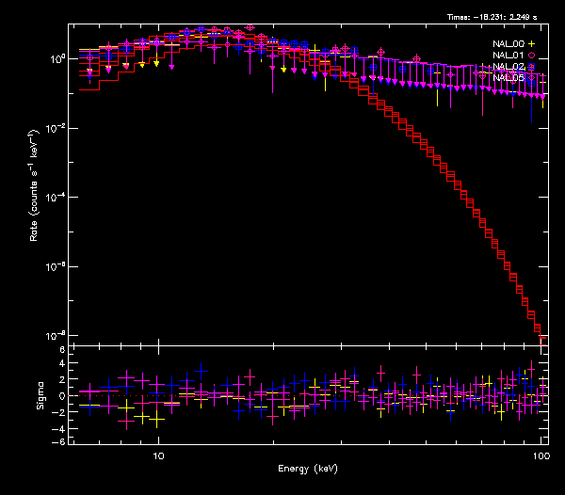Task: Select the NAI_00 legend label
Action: click(x=508, y=43)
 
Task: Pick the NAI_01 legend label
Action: click(x=508, y=55)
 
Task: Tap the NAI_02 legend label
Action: click(x=508, y=66)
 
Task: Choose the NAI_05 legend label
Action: click(x=508, y=77)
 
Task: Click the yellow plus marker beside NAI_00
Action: click(x=532, y=43)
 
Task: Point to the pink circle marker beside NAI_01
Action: click(x=532, y=55)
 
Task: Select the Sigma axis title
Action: click(x=40, y=395)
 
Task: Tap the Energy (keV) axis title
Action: click(x=305, y=468)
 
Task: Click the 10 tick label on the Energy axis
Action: click(x=159, y=455)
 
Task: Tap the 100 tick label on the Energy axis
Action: click(x=540, y=455)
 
